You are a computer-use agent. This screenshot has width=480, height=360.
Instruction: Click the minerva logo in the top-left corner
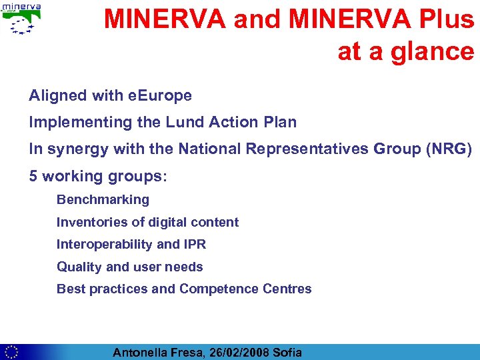click(x=22, y=19)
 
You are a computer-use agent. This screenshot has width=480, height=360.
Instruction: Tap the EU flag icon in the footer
click(x=11, y=351)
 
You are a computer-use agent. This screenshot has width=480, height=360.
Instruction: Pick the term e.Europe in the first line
click(x=160, y=96)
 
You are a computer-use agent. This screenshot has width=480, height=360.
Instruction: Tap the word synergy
click(x=77, y=149)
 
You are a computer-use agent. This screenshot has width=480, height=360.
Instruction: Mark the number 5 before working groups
click(x=33, y=177)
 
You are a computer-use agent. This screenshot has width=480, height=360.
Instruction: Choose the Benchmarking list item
click(x=103, y=200)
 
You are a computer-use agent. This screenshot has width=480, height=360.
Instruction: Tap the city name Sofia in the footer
click(x=287, y=352)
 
